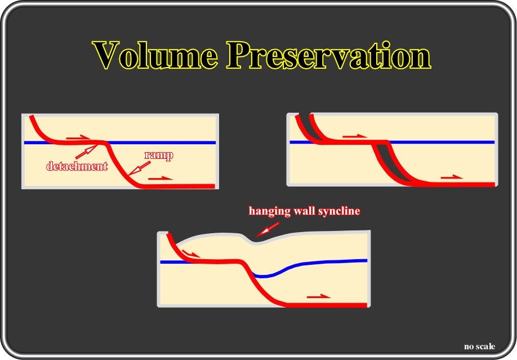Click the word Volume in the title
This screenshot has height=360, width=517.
coord(155,55)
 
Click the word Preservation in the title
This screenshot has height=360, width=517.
coord(329,55)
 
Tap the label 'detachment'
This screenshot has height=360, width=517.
coord(77,166)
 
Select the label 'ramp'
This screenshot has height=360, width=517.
coord(159,155)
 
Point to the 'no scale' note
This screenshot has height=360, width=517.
coord(479,346)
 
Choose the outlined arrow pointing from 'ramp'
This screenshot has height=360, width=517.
coord(139,168)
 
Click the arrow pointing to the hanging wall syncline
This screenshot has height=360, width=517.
coord(268,229)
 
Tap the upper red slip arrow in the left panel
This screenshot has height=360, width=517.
coord(78,137)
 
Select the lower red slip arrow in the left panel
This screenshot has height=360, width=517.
coord(161,179)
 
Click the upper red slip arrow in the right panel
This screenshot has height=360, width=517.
coord(355,136)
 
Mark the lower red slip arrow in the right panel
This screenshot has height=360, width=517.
coord(452,177)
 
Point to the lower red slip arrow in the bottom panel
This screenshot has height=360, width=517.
coord(319,296)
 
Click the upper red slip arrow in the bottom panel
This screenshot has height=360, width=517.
coord(191,254)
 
